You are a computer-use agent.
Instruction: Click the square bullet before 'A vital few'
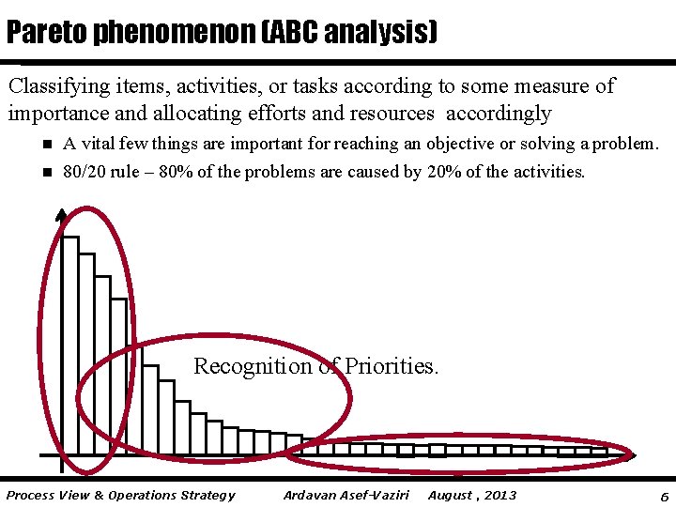[44, 145]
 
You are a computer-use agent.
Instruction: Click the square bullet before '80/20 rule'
[44, 173]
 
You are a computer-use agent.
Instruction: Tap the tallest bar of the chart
[69, 347]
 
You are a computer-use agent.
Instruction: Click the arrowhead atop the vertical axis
[61, 215]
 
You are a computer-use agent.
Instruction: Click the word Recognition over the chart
[252, 366]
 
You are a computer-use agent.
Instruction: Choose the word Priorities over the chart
[392, 366]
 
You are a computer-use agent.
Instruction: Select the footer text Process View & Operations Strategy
[120, 495]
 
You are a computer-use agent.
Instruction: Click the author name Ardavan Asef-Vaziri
[346, 495]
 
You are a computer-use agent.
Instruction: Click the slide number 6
[664, 496]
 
